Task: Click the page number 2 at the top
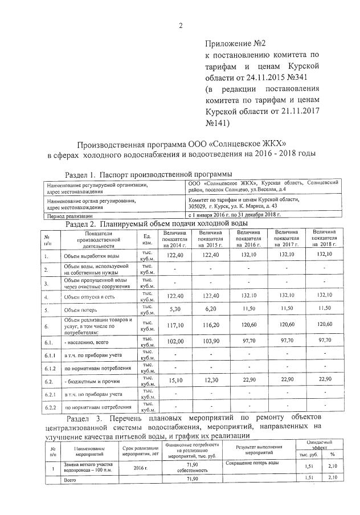coord(180,24)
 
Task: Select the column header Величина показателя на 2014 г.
coord(174,238)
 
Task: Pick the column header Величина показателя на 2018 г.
coord(324,238)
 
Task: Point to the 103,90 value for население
coord(210,342)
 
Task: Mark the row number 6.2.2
coord(50,407)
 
